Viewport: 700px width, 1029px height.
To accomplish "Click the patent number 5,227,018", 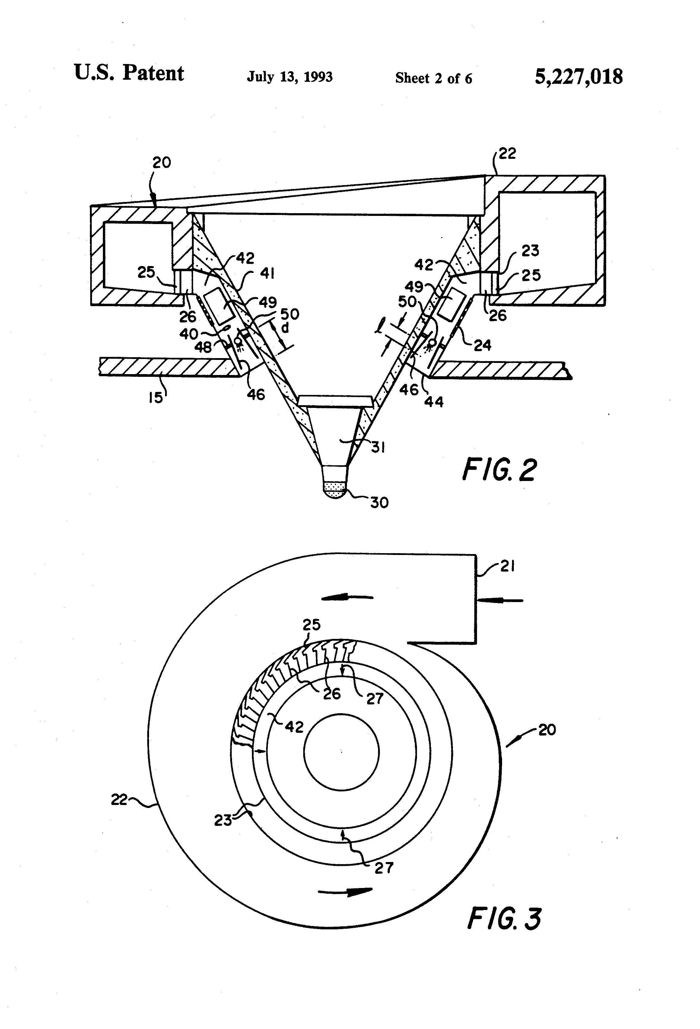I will (x=578, y=77).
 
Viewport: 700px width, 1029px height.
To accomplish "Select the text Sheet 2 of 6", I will (x=433, y=79).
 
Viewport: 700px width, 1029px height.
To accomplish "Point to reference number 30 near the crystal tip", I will (x=379, y=502).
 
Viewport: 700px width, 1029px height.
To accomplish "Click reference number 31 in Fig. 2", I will (x=377, y=448).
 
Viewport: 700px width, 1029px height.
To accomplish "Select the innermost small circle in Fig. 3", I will (x=341, y=752).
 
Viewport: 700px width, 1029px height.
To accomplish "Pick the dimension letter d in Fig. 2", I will (x=285, y=328).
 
